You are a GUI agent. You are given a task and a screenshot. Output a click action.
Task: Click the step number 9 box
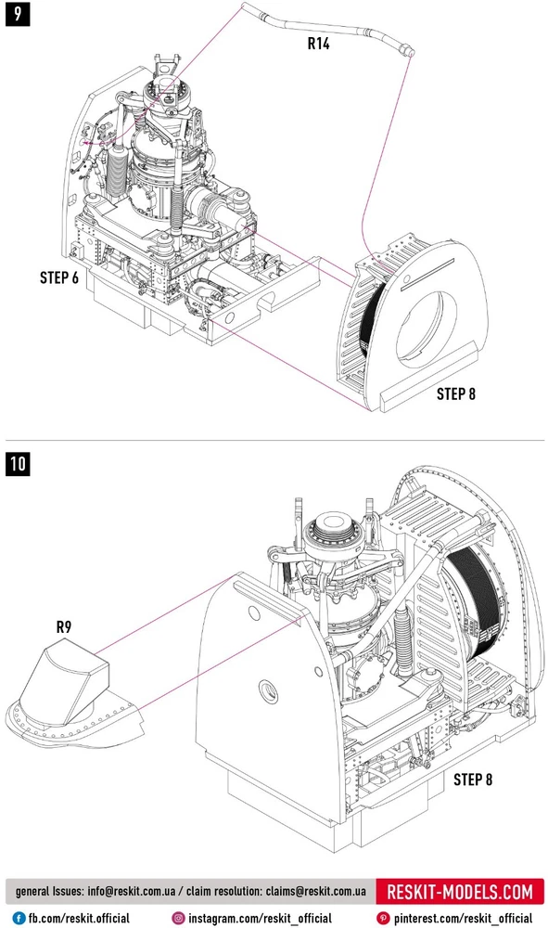17,13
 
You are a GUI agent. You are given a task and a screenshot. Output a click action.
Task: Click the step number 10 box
18,463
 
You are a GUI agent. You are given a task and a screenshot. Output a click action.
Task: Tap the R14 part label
318,44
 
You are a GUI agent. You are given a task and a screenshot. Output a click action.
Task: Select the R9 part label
63,626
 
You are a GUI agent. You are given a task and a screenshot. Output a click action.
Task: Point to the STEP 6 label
59,277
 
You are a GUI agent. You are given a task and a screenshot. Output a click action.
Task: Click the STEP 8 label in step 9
456,393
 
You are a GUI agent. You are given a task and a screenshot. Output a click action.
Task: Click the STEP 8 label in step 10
472,780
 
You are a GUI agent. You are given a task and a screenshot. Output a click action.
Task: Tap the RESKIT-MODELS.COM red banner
460,891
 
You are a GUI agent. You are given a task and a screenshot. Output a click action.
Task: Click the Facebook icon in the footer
19,918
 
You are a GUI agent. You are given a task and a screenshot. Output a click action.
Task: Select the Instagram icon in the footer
179,918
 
